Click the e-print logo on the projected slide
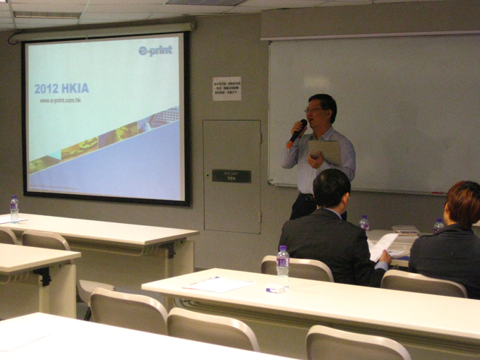155,51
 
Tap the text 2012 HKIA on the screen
61,89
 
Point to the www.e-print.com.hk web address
65,101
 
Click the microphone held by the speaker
298,131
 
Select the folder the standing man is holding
325,150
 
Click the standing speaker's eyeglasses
315,109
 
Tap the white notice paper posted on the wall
227,88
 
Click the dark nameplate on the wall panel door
231,175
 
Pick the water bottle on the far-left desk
14,209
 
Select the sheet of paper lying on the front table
217,284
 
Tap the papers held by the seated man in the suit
382,246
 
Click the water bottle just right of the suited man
364,224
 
